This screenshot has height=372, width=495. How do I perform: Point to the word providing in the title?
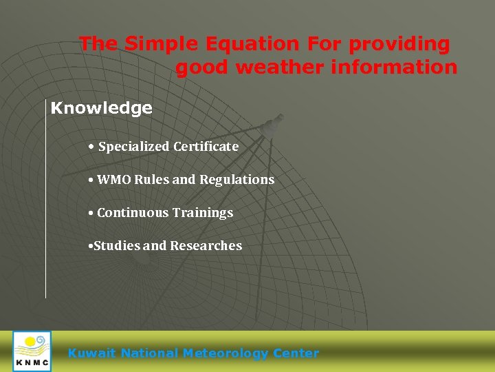(399, 45)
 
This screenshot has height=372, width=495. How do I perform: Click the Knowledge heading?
(102, 108)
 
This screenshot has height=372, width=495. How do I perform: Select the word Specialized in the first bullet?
(134, 146)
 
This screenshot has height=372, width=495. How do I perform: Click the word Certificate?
(206, 146)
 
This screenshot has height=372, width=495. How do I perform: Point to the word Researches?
(206, 246)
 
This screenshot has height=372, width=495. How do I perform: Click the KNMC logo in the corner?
(32, 351)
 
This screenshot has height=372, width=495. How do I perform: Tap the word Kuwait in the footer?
(92, 353)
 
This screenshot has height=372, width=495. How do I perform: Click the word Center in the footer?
(296, 353)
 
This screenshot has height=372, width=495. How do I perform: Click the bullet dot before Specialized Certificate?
(91, 147)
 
